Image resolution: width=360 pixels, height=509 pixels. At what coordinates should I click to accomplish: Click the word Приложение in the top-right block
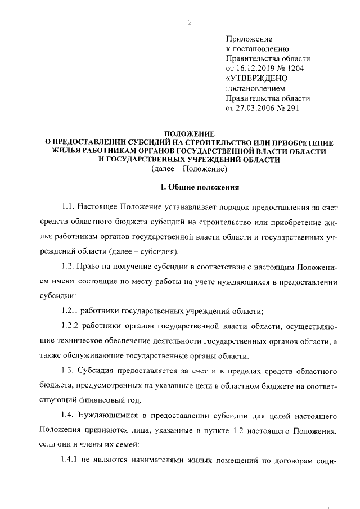[x=249, y=39]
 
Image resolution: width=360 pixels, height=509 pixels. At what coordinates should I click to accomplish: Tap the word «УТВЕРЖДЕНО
[x=256, y=79]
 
